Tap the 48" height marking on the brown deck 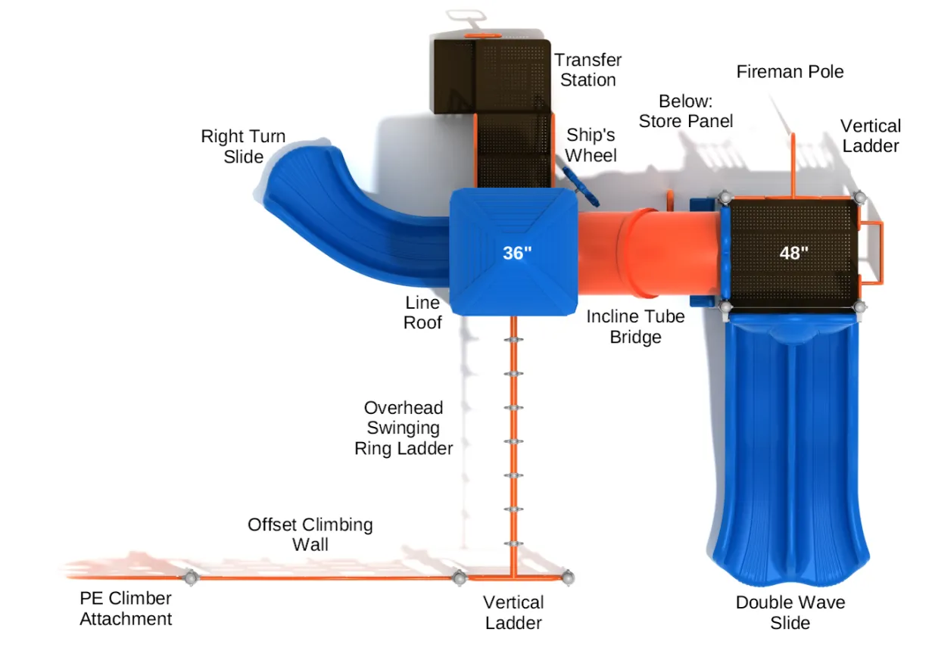[x=794, y=253]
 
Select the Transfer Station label [x=587, y=70]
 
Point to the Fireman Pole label [x=790, y=72]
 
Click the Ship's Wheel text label [x=591, y=145]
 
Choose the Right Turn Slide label [x=243, y=147]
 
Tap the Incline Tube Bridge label [x=635, y=327]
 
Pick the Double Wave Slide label [x=790, y=613]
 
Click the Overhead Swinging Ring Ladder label [x=404, y=428]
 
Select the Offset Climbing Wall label [x=310, y=534]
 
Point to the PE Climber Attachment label [x=126, y=609]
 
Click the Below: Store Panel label [x=686, y=111]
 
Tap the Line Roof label [x=422, y=313]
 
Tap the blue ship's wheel [x=581, y=185]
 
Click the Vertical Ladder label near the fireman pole [x=871, y=136]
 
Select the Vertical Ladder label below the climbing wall [x=514, y=613]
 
